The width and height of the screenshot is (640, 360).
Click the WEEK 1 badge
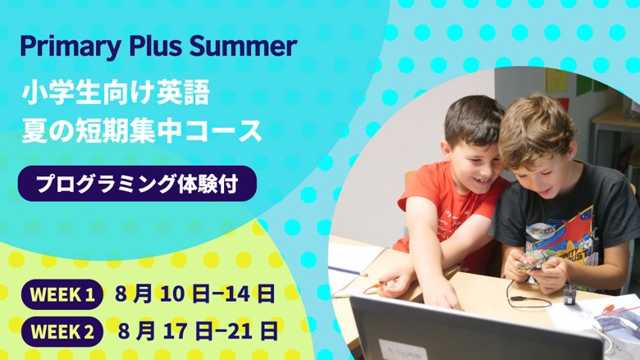tap(62, 294)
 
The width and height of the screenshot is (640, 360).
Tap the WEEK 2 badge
tap(62, 331)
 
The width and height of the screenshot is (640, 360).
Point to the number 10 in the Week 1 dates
tap(171, 294)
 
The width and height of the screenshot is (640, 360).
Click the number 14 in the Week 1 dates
tap(237, 294)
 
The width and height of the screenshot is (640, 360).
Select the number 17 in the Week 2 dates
tap(175, 331)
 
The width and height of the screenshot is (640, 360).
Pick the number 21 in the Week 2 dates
tap(240, 331)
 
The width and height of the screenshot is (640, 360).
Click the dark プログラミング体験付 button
tap(137, 184)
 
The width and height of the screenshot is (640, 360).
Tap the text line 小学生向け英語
tap(116, 93)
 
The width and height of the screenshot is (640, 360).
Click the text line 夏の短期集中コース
tap(142, 131)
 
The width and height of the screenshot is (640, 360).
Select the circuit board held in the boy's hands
tap(531, 266)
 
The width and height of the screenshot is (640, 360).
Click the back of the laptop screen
tap(473, 330)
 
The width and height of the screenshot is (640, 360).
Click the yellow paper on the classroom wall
tap(556, 80)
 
